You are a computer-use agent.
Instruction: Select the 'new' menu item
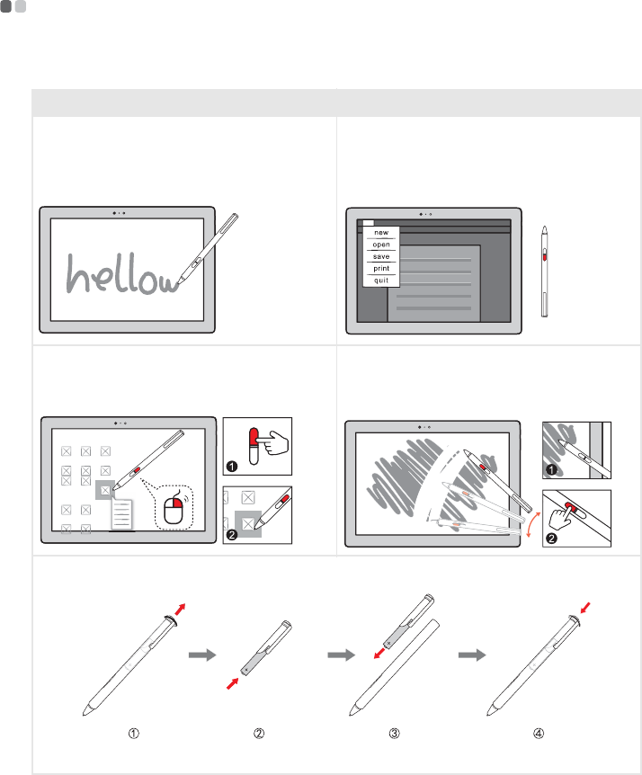380,232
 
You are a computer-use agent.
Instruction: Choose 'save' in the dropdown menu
380,256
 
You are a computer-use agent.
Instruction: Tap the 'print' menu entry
380,268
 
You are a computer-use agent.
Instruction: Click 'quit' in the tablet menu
380,280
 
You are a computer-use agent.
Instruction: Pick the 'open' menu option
380,244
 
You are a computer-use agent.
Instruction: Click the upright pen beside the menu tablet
545,271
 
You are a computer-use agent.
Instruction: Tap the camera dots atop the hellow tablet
120,213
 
